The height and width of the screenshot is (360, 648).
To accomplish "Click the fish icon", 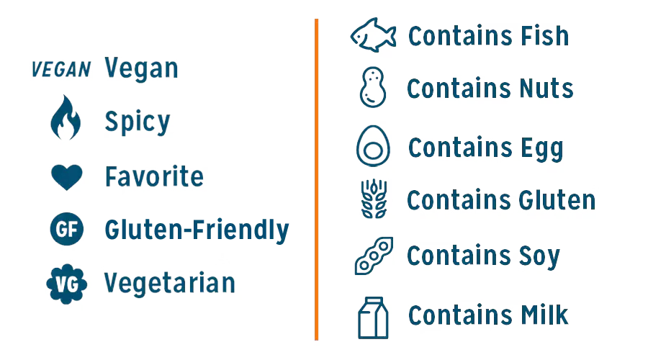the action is pos(373,35).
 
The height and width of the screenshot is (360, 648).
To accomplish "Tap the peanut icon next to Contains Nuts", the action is pos(373,87).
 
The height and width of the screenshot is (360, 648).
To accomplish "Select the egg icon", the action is pos(373,146).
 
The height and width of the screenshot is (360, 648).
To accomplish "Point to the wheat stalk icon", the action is pos(374,199).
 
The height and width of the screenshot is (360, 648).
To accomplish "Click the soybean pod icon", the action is pos(374,256).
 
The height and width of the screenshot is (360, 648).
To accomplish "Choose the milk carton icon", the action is pos(373,318).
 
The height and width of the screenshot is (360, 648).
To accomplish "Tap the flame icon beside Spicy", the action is pos(66,117).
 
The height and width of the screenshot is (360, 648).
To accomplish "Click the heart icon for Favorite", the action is pos(66,177).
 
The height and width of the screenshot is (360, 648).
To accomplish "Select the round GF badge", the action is pos(66,229).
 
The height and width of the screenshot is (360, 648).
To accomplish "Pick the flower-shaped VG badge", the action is pos(66,284).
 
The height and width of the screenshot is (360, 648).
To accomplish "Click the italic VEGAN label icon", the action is pos(61,69).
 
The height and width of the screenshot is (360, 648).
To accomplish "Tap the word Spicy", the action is pos(138,122).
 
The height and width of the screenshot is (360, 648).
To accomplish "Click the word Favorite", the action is pos(154,176).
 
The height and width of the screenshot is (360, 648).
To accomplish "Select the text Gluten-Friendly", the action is pos(197,230).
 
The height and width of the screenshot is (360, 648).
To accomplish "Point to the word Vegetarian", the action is pos(169,283).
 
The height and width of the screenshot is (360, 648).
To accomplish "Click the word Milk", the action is pos(544,315).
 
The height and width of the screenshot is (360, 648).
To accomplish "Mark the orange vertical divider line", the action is pos(316,179).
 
